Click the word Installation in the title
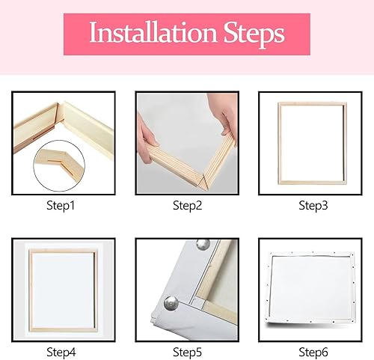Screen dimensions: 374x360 (153, 33)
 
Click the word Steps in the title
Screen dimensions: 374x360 (254, 34)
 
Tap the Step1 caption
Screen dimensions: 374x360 (61, 206)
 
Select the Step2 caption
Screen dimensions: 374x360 (187, 206)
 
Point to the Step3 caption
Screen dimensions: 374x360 (313, 206)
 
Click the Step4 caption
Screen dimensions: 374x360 (61, 353)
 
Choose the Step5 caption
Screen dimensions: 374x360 (187, 353)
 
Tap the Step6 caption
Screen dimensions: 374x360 (313, 353)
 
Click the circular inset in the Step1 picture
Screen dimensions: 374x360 (59, 166)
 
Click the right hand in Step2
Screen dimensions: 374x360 (223, 118)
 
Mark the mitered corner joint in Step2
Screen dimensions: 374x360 (203, 180)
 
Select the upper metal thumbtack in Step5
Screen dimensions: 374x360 (203, 245)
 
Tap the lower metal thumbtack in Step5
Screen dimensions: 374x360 (171, 303)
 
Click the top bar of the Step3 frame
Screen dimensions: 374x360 (313, 104)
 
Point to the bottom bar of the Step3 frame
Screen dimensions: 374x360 (313, 183)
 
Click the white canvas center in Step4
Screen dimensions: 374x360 (64, 290)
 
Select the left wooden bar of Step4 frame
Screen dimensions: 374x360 (31, 290)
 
